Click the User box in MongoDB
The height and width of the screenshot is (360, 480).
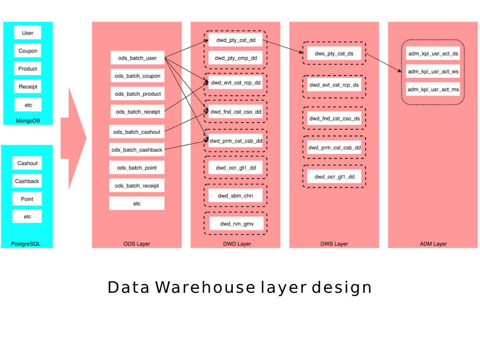[27, 33]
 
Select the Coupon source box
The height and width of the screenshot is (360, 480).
[27, 51]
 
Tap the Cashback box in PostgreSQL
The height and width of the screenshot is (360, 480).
[27, 181]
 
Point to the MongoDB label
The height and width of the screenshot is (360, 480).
[28, 120]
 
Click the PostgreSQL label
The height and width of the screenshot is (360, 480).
[26, 244]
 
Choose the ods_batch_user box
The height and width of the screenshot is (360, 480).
[137, 58]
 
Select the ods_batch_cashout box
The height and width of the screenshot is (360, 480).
[137, 132]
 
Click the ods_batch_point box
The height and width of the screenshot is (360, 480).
[137, 168]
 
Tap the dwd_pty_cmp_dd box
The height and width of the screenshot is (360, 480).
[236, 58]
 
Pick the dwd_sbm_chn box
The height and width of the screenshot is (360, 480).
[235, 196]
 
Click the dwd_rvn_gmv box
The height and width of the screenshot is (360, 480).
[237, 224]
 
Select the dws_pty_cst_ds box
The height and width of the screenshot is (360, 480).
[334, 54]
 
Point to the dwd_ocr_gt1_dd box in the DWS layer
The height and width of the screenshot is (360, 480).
[334, 177]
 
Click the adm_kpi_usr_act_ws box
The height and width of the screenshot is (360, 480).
[433, 72]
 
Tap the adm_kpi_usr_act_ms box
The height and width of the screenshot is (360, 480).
[433, 89]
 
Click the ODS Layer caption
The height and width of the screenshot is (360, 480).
[137, 244]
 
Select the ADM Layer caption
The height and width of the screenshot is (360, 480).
[433, 244]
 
